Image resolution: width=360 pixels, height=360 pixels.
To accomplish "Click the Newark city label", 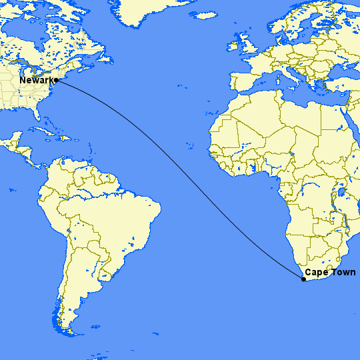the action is (36, 81).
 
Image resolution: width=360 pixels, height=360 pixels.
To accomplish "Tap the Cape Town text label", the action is (330, 272).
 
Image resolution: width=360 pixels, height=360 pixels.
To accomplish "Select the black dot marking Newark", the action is (57, 81).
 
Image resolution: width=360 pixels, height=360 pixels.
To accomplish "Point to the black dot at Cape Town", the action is (303, 279).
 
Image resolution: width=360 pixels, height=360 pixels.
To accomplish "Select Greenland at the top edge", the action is (143, 10).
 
